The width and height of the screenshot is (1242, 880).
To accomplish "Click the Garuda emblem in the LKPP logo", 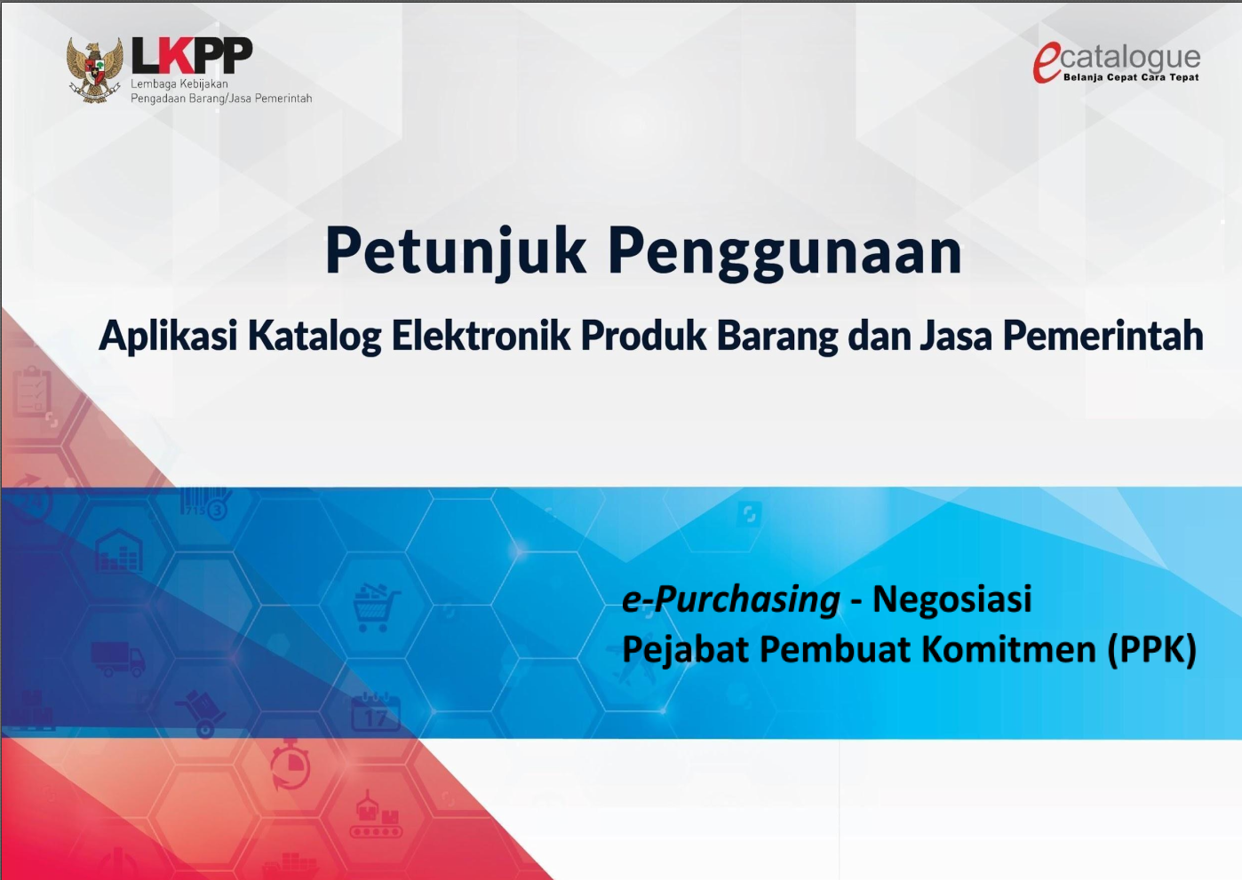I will tap(94, 69).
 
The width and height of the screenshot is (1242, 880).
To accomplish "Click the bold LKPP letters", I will tap(192, 56).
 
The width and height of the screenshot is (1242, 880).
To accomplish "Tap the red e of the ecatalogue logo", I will tap(1047, 63).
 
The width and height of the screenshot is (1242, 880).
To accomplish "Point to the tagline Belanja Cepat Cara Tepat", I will tap(1131, 78).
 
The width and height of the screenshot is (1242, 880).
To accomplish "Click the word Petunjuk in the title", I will tap(456, 251).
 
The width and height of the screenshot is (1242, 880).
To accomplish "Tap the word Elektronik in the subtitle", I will tap(481, 337).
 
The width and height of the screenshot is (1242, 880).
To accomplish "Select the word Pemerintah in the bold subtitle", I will tap(1103, 337).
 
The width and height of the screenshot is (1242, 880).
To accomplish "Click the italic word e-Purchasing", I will tap(730, 599).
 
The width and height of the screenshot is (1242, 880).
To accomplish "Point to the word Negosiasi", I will tap(951, 599).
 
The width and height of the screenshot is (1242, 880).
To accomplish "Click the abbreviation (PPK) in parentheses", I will tap(1152, 650).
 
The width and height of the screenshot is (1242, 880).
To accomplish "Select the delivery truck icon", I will tap(117, 659).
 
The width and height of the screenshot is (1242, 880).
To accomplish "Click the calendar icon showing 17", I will tap(376, 713).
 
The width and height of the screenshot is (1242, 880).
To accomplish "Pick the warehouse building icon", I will tap(119, 551).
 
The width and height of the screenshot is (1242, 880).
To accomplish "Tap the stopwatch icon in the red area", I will tap(291, 765).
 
